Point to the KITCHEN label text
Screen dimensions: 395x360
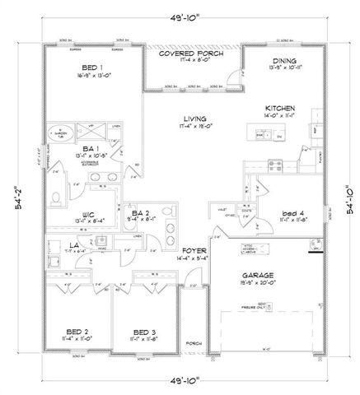(280, 108)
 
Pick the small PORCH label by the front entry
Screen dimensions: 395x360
(194, 342)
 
